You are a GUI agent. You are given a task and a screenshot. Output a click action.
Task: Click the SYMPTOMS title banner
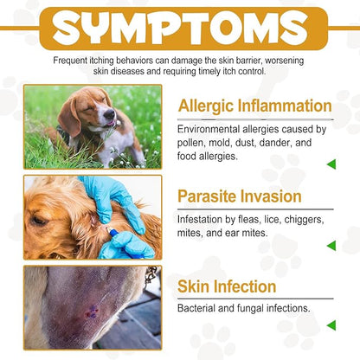[180, 29]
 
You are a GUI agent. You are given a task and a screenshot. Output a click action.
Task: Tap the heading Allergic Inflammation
[254, 106]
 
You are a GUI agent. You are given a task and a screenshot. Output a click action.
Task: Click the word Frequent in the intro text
[75, 60]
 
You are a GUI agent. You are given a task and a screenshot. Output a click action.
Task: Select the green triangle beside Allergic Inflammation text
[331, 164]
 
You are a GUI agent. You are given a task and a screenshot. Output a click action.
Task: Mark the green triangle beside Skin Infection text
[331, 325]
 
